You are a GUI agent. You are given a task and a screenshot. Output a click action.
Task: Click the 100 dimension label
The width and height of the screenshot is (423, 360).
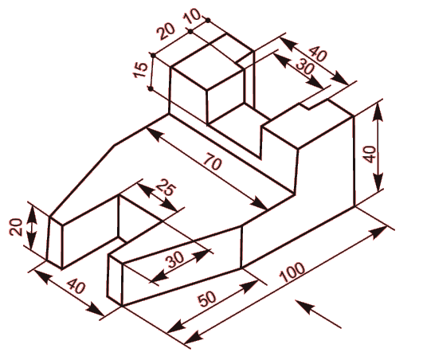292,272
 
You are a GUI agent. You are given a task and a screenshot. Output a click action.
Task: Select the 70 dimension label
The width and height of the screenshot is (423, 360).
212,161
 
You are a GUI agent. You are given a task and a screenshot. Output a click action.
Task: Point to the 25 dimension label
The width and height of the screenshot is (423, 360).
166,186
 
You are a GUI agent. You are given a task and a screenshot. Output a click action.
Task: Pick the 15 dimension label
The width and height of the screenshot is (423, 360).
141,70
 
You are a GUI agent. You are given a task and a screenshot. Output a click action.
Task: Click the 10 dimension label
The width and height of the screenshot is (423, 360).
192,16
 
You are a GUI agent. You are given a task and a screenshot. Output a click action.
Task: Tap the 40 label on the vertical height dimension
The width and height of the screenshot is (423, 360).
370,155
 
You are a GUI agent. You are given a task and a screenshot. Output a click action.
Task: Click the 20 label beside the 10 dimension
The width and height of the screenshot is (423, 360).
166,32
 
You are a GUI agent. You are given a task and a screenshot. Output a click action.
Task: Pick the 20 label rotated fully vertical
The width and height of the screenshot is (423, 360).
16,227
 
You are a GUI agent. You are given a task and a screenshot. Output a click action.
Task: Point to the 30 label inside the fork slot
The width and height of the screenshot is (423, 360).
174,260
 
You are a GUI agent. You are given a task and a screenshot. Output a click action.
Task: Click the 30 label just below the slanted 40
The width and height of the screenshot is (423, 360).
305,67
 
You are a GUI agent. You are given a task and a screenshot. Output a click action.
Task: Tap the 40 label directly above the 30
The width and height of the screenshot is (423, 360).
319,54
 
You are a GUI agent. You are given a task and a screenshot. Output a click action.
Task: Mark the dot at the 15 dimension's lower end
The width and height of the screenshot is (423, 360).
151,88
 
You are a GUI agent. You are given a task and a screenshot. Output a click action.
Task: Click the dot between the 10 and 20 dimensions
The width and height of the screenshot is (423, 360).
190,32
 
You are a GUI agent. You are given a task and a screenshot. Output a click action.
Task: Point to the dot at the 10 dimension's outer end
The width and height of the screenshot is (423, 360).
208,20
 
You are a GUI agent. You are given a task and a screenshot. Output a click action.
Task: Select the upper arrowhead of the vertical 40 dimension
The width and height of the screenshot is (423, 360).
378,111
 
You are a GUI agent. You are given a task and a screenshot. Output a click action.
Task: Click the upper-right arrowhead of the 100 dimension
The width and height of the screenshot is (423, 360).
380,233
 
